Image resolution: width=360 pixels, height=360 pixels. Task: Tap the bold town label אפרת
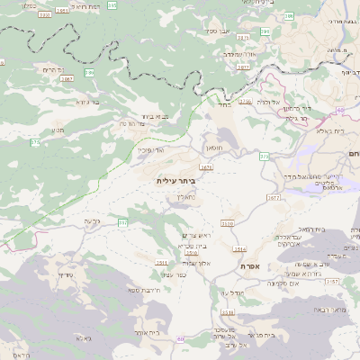pyautogui.click(x=251, y=266)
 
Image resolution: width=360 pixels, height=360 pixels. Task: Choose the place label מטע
pyautogui.click(x=58, y=130)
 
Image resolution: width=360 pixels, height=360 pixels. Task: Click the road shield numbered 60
pyautogui.click(x=341, y=110)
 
